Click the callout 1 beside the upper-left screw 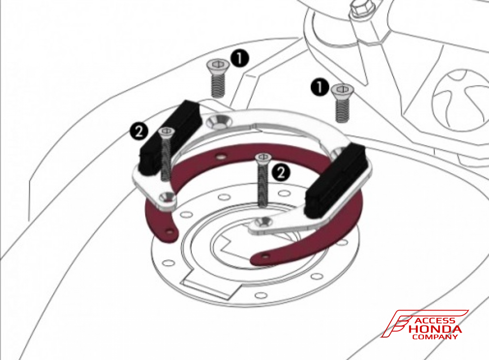click(x=240, y=58)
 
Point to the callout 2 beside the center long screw click(x=281, y=172)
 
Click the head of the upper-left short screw click(x=218, y=64)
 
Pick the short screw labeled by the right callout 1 click(x=342, y=103)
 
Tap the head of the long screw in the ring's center click(x=263, y=157)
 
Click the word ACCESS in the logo click(x=434, y=320)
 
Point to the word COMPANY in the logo click(x=435, y=337)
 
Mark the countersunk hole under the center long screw click(x=266, y=222)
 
